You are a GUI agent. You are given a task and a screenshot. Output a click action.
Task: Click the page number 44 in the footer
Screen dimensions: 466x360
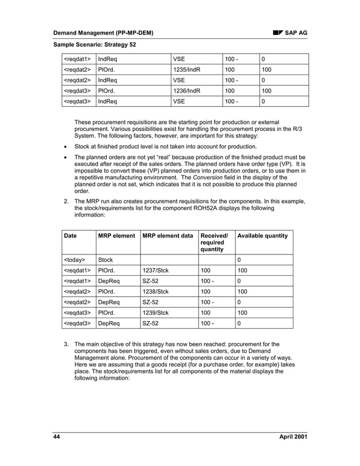(x=56, y=437)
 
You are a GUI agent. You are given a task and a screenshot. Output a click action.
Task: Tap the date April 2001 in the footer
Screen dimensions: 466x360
(x=293, y=437)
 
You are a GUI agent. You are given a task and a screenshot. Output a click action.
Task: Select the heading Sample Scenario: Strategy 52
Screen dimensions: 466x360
(x=94, y=45)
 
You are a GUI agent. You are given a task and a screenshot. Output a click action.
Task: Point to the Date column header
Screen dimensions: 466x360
(x=71, y=235)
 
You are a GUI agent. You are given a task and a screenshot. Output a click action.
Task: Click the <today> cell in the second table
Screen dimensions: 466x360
(x=74, y=260)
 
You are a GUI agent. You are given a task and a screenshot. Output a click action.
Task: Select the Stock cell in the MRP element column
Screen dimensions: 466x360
(x=106, y=260)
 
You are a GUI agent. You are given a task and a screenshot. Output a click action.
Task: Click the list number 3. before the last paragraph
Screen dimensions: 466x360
(x=66, y=344)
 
